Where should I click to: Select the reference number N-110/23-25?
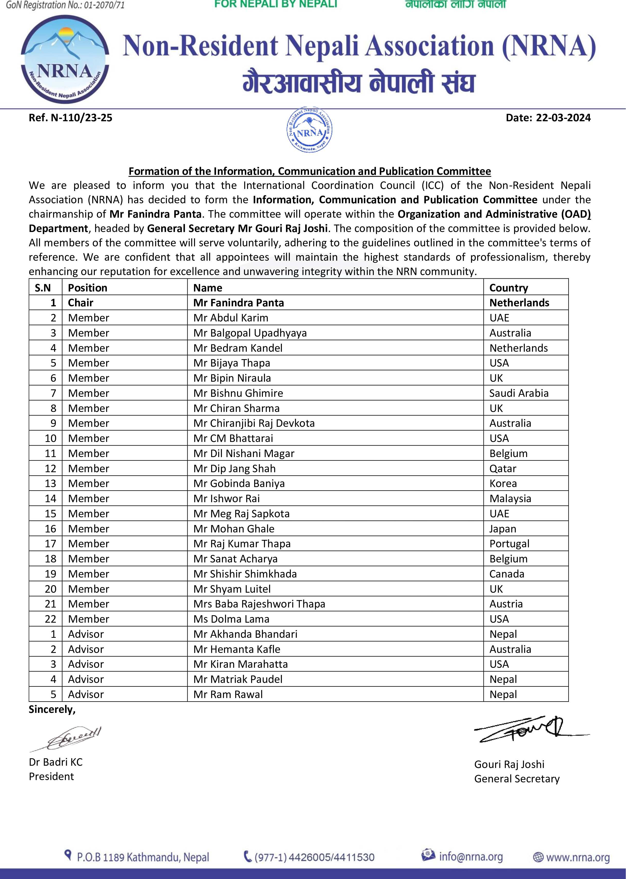[70, 118]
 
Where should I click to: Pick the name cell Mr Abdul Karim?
[231, 318]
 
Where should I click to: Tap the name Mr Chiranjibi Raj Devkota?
[254, 423]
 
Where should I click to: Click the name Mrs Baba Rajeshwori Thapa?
[259, 604]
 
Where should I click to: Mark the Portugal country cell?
[509, 544]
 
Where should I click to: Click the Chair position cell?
[80, 303]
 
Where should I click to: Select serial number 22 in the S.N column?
[50, 619]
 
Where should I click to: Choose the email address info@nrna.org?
[471, 857]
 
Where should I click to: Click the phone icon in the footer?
[248, 857]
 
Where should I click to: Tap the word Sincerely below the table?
[52, 709]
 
